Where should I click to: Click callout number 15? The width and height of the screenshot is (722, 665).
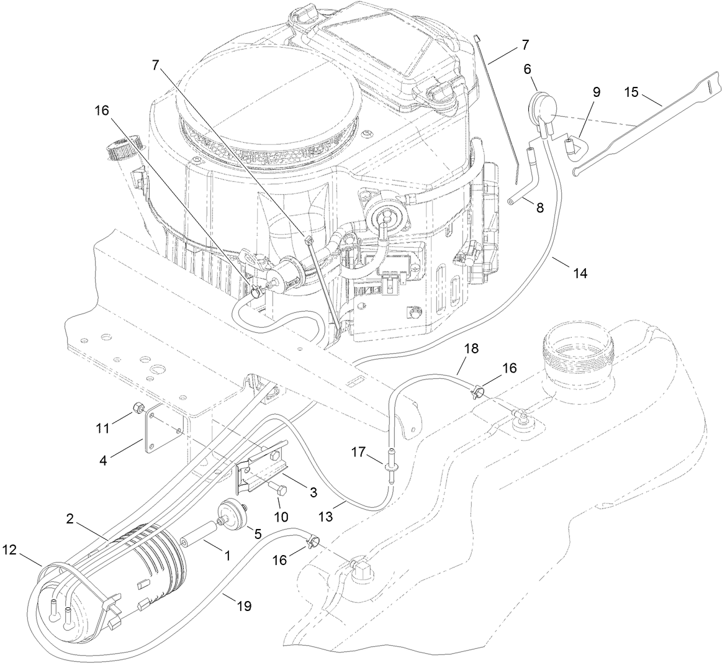631,92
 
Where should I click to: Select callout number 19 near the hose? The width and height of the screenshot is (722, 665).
244,605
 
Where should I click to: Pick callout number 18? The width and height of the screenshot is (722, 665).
471,348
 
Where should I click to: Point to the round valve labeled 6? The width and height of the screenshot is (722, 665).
539,105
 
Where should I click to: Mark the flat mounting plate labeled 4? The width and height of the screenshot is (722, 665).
161,428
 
